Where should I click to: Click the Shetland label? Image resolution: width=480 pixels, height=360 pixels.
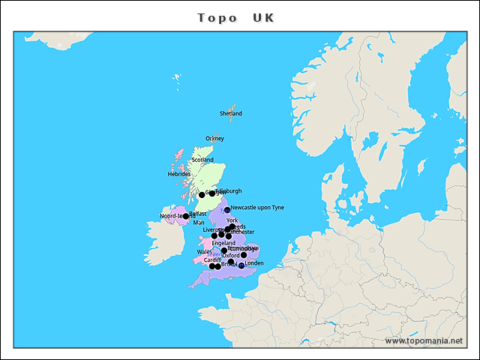coord(230,113)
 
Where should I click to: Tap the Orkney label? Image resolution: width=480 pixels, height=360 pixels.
coord(214,139)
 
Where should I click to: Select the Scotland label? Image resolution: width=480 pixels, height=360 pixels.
coord(202,160)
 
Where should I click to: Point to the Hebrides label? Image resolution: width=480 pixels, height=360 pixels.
coord(178,174)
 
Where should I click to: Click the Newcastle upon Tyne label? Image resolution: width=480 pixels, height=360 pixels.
coord(257,208)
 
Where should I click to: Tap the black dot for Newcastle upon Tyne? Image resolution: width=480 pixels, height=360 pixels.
coord(226,211)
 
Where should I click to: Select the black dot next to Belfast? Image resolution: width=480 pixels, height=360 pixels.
coord(186,216)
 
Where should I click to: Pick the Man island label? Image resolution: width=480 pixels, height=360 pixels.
coord(198,223)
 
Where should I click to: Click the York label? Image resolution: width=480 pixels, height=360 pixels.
coord(232,220)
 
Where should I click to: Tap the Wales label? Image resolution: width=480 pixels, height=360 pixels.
coord(204,253)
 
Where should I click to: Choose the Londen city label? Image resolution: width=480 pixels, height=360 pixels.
coord(254,263)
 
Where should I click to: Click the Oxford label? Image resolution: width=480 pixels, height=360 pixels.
coord(230,256)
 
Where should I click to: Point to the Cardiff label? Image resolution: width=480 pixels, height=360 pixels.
coord(212,260)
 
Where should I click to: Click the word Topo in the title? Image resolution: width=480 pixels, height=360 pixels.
coord(217,17)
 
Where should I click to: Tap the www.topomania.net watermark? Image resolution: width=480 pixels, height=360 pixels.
coord(424,340)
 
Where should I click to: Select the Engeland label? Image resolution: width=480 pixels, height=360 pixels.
coord(223,244)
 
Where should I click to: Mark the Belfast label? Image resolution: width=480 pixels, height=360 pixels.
coord(197,214)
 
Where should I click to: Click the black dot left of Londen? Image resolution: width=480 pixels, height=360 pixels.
coord(241,265)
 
